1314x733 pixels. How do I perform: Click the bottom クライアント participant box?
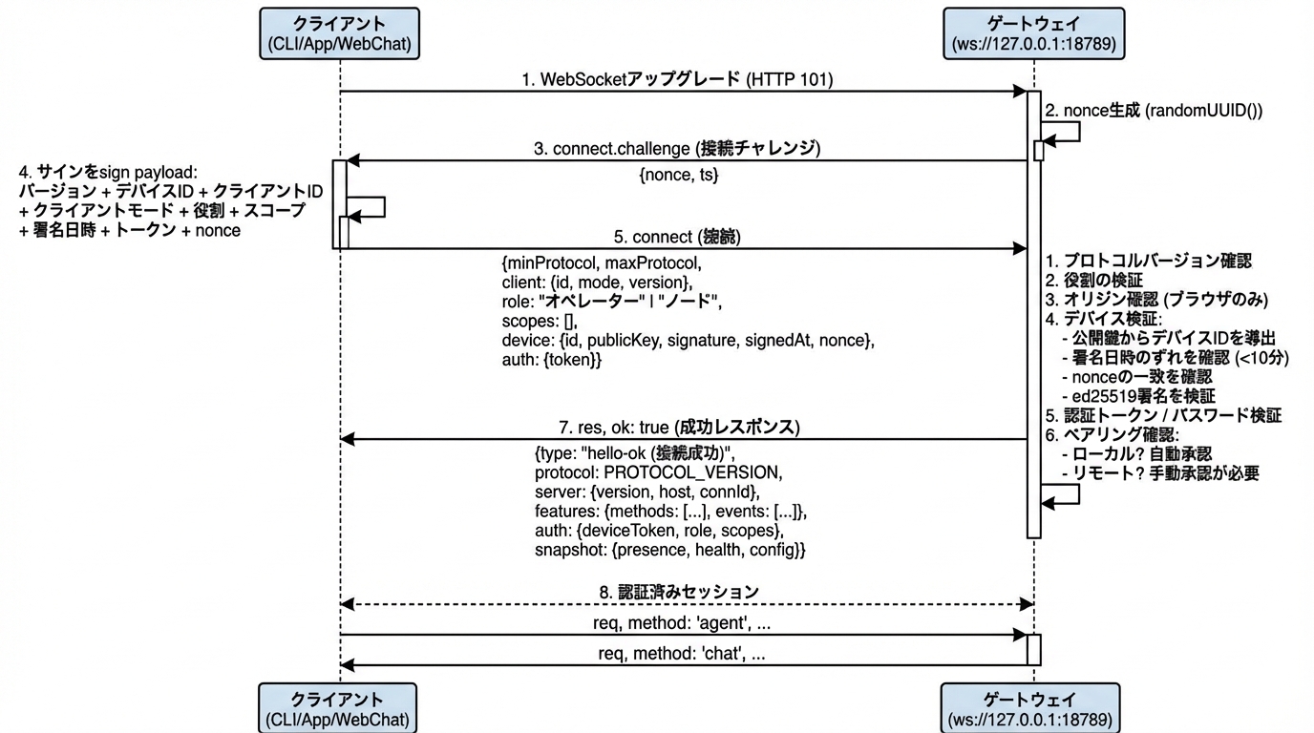(x=340, y=707)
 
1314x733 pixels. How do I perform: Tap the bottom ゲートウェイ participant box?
(x=1033, y=707)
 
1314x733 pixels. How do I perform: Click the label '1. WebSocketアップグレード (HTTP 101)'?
(x=677, y=80)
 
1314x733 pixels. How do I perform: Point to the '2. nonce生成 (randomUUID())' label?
(x=1154, y=111)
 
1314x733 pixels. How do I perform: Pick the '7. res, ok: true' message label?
(x=677, y=427)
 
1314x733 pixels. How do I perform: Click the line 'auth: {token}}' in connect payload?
(x=552, y=362)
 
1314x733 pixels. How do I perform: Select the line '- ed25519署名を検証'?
(x=1137, y=395)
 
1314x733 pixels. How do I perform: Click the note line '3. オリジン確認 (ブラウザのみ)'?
(x=1155, y=300)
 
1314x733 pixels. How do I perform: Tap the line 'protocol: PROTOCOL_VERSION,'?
(x=658, y=472)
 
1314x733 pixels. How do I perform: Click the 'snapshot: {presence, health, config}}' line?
(x=670, y=551)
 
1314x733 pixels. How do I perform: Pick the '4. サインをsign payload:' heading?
(x=108, y=173)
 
